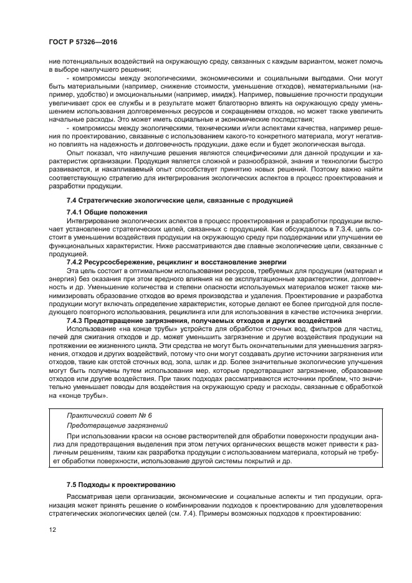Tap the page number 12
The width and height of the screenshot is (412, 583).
(x=53, y=529)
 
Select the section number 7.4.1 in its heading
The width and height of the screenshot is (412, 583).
(x=76, y=212)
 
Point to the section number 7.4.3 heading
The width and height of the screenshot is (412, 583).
(x=76, y=320)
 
